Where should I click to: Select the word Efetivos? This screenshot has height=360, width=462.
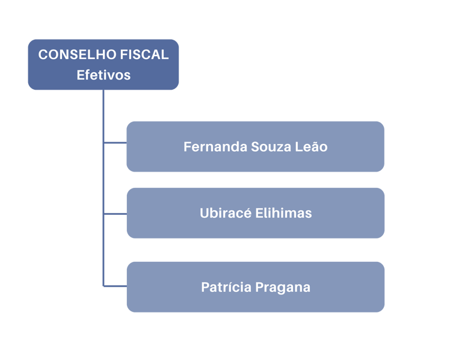(103, 75)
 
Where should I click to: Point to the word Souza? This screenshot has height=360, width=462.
(268, 146)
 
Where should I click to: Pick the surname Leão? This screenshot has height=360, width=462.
(312, 146)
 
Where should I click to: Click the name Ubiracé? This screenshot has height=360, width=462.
(225, 213)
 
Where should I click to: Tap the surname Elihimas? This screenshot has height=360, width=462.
(283, 213)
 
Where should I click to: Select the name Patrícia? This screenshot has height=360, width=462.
(226, 287)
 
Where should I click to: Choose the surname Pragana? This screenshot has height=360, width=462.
(283, 287)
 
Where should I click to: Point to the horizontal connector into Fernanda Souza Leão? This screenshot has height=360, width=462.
(115, 143)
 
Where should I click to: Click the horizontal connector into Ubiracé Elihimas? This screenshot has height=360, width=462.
(115, 214)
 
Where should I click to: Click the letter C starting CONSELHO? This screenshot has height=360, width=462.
(43, 55)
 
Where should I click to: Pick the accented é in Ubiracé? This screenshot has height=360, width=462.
(247, 213)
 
